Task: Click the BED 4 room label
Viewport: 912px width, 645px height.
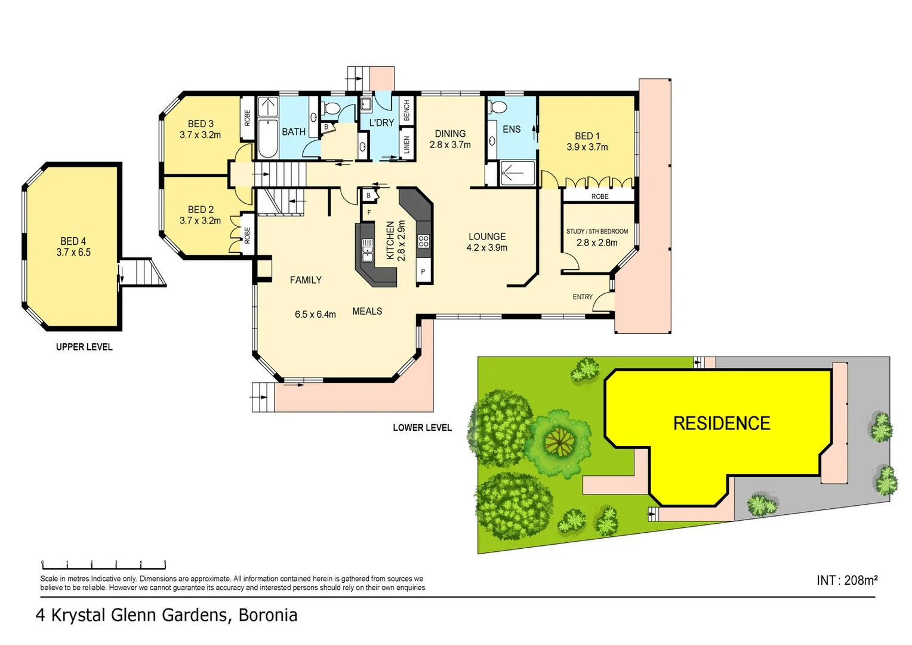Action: [73, 241]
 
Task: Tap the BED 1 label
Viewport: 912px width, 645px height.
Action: [587, 136]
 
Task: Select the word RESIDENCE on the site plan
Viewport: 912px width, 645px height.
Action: [722, 423]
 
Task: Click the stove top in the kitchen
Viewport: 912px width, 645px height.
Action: [424, 241]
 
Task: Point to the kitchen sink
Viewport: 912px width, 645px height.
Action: [368, 250]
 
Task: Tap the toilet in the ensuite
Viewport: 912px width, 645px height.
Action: [497, 107]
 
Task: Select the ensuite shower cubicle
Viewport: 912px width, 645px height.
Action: [517, 173]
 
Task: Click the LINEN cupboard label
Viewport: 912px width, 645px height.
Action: [407, 145]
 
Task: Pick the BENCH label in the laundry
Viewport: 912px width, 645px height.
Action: [407, 110]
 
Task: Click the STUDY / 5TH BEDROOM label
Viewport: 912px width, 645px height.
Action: [597, 231]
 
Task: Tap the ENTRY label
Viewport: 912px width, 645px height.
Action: [583, 297]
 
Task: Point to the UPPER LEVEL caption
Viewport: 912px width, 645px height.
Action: [84, 347]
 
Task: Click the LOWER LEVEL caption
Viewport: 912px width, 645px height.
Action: [422, 428]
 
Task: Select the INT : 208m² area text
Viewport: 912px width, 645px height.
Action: [847, 580]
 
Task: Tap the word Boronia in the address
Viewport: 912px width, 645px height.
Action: [268, 615]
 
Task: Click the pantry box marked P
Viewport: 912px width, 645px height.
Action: [423, 272]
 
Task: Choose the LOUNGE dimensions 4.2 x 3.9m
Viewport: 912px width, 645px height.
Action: [487, 248]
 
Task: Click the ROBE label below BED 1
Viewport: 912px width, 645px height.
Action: [600, 196]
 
